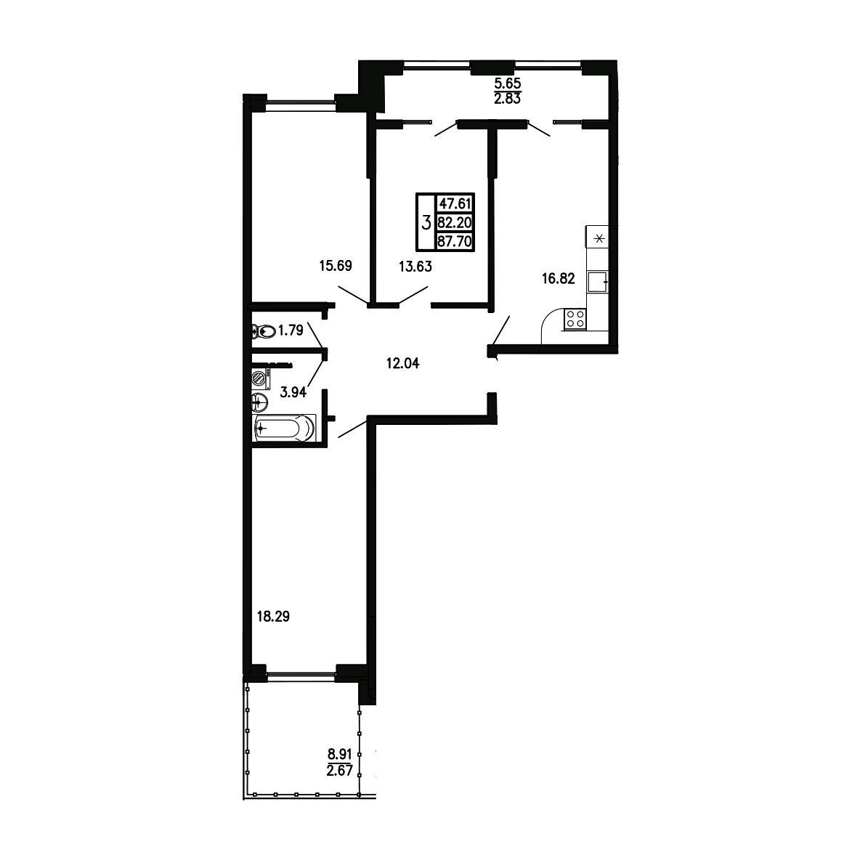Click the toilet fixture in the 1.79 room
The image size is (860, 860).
click(263, 331)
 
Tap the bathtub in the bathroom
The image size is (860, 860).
click(285, 428)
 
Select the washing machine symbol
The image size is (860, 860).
click(261, 379)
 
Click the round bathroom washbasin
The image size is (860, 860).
click(260, 402)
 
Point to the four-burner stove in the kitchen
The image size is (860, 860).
click(575, 319)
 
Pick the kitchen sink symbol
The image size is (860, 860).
click(597, 282)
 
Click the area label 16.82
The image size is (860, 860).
click(559, 279)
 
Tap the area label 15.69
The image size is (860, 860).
click(336, 266)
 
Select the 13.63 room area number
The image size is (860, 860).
click(415, 267)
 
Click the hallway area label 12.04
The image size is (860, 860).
click(402, 363)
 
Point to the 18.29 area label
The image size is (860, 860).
click(273, 617)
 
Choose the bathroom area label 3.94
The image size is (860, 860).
click(293, 392)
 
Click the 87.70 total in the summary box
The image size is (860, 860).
click(455, 241)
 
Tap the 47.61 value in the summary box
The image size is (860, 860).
click(455, 203)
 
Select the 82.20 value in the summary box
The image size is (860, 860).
click(455, 223)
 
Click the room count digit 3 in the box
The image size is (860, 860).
click(426, 223)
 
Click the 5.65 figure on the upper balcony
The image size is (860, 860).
click(507, 84)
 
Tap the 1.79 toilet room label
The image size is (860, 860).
click(291, 330)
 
